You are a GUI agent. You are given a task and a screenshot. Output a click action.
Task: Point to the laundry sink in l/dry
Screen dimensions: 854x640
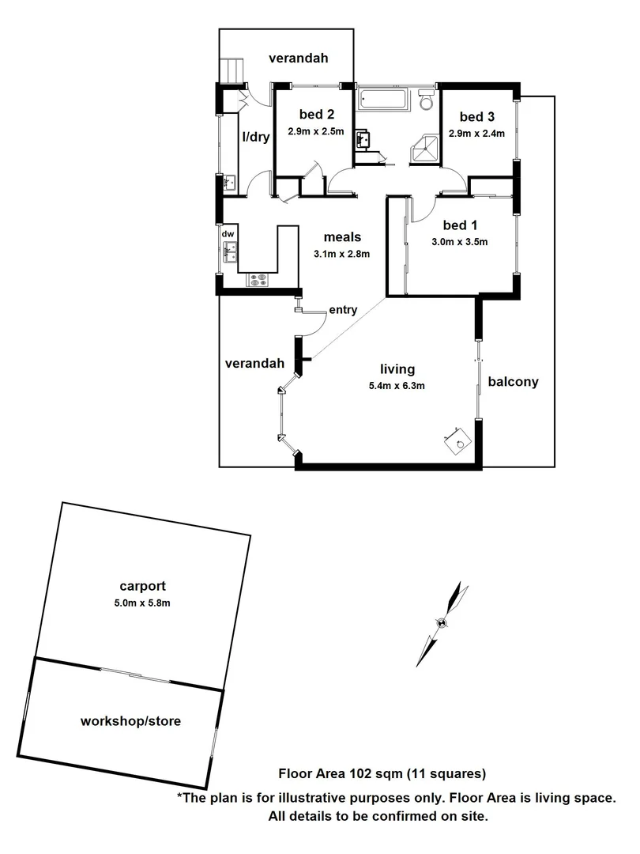coord(228,183)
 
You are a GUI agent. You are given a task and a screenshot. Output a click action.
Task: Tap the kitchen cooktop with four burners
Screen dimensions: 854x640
coord(258,279)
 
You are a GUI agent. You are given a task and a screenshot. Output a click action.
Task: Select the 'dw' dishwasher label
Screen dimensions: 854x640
coord(228,234)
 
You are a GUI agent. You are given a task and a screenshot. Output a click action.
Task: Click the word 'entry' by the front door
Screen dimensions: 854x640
coord(343,310)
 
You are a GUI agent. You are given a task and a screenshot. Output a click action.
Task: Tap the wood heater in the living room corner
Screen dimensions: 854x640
coord(457,444)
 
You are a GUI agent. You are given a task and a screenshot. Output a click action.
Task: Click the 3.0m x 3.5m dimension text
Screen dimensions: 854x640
coord(459,242)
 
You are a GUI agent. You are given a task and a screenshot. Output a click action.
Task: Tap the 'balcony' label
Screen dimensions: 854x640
coord(513,382)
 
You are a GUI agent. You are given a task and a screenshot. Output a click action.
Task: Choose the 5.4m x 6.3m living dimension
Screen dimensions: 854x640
coord(397,386)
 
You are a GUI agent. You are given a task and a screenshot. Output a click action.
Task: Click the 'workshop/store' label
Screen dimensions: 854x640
coord(130,721)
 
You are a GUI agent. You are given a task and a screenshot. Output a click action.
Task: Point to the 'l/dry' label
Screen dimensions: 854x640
coord(255,137)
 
